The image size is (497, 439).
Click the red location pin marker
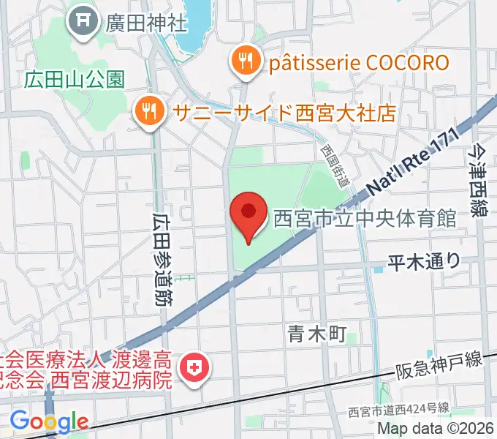pyautogui.click(x=248, y=215)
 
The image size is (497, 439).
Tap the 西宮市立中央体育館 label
pyautogui.click(x=365, y=219)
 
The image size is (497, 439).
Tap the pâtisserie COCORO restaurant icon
pyautogui.click(x=243, y=61)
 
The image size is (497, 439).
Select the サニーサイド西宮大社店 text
pyautogui.click(x=284, y=113)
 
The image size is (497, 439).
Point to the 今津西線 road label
pyautogui.click(x=479, y=180)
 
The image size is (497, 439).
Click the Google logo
pyautogui.click(x=48, y=422)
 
